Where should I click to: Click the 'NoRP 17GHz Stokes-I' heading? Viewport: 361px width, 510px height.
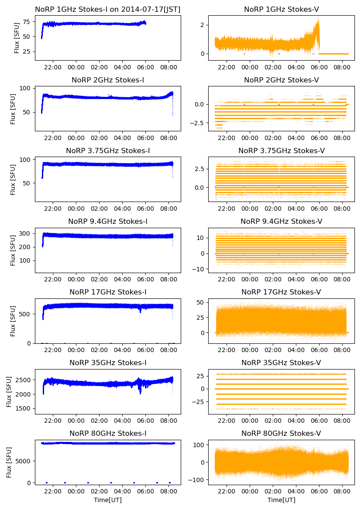[x=108, y=292]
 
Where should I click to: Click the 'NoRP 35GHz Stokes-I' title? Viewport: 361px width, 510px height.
[x=108, y=363]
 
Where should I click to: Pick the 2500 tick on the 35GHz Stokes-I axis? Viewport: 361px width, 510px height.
[x=24, y=380]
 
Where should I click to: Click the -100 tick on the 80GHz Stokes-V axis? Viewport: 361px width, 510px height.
[x=199, y=480]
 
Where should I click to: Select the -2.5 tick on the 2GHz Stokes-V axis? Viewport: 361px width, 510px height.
[x=199, y=123]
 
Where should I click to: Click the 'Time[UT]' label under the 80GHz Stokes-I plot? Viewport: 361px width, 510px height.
[x=108, y=500]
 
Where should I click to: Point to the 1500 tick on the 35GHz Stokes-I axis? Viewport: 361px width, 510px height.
[x=24, y=409]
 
